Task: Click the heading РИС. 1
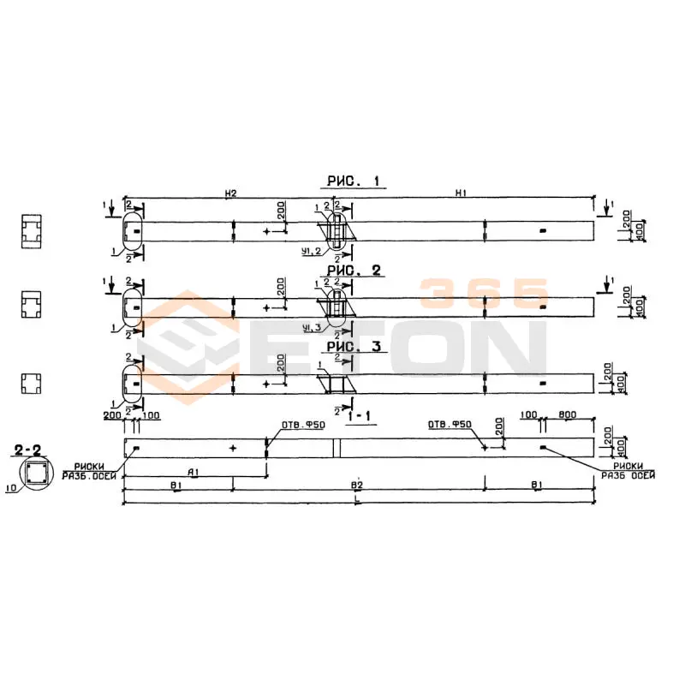point(354,181)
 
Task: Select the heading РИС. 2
point(353,271)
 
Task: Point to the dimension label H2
point(230,194)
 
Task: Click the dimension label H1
point(461,194)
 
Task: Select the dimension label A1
point(194,472)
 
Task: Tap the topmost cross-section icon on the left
point(33,230)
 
